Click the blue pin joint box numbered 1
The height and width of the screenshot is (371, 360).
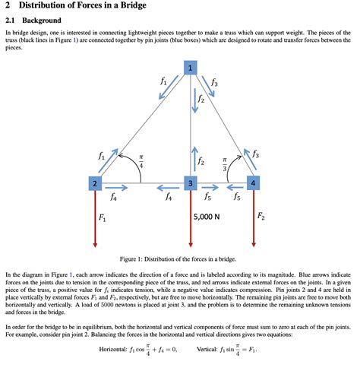190,68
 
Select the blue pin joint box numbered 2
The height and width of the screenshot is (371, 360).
94,183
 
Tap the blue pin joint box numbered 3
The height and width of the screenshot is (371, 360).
191,183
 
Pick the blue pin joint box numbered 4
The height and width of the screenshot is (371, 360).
253,183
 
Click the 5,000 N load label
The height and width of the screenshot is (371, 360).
207,217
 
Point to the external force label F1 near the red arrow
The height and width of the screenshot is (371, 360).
103,218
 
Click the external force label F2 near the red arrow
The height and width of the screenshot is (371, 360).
261,217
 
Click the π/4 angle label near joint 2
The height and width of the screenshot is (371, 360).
141,162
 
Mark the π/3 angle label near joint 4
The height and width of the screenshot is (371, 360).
225,163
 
